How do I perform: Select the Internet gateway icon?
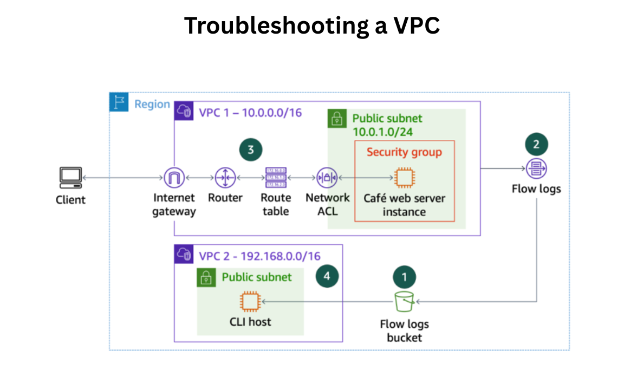pos(174,177)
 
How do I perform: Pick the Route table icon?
pos(276,177)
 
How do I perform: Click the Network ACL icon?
pos(327,177)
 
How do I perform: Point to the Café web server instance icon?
pos(404,177)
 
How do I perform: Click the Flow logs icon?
pos(536,168)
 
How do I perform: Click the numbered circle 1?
pos(404,277)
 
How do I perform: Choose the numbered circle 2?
pos(536,144)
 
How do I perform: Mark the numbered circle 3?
pos(250,149)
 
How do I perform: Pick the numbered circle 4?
pos(327,276)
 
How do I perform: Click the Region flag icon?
pos(119,102)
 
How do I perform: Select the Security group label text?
pos(404,152)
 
